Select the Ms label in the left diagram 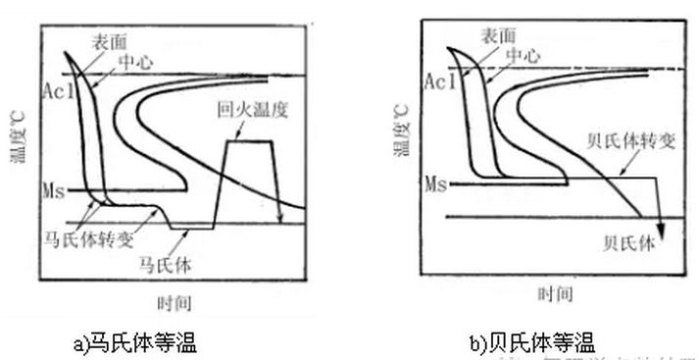coord(54,186)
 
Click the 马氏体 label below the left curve coord(161,263)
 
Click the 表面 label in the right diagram coord(499,36)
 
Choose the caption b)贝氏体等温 coord(532,342)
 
